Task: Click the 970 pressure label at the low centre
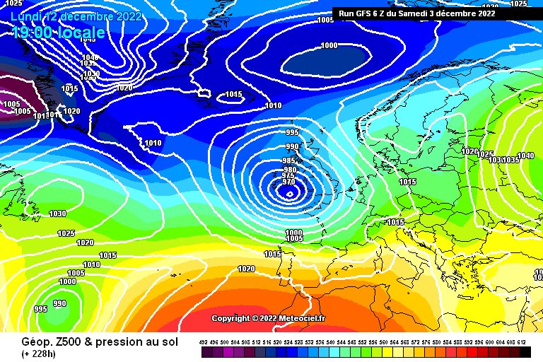[288, 182]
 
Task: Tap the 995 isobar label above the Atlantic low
[292, 133]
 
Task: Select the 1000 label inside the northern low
[329, 46]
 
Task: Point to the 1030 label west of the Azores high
[57, 214]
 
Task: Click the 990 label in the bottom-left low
[59, 303]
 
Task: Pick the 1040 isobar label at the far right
[526, 156]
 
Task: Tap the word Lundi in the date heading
[26, 16]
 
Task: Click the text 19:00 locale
[58, 33]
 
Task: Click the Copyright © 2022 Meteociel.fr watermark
[269, 318]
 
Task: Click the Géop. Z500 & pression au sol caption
[95, 342]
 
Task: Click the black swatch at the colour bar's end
[524, 351]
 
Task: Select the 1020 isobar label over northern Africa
[246, 269]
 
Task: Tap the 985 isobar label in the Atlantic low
[288, 161]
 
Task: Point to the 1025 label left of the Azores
[66, 233]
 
